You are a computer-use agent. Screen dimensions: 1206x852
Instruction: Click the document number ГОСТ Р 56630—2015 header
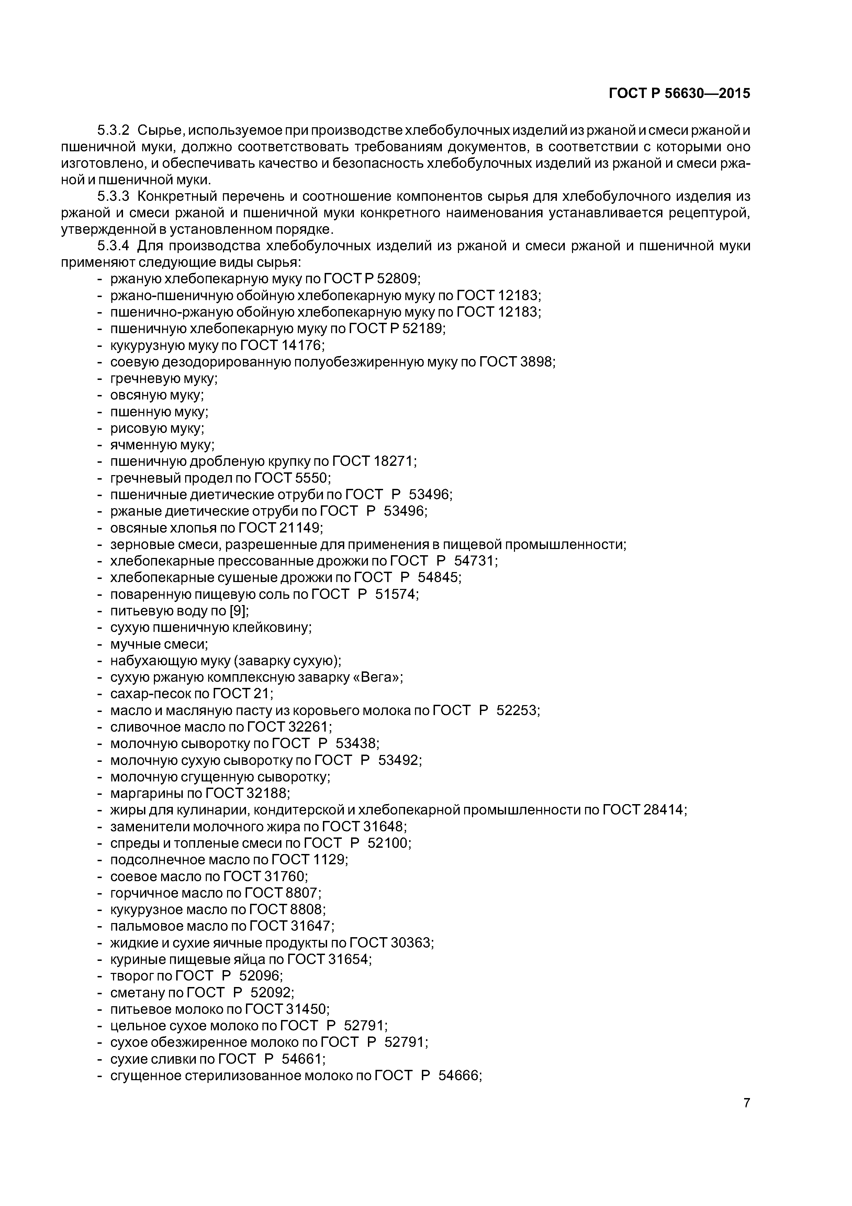(x=679, y=94)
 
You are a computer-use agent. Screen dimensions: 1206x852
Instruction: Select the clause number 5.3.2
(x=113, y=130)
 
